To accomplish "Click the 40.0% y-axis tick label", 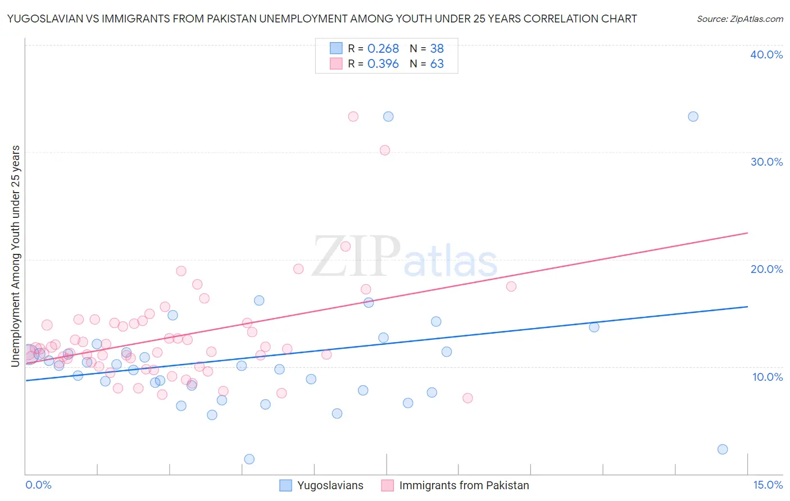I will pyautogui.click(x=766, y=54).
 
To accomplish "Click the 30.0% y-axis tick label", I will pyautogui.click(x=766, y=162).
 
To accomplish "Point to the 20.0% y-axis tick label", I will pyautogui.click(x=766, y=269).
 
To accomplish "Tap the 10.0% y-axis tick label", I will pyautogui.click(x=768, y=377).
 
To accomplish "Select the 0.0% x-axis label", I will pyautogui.click(x=38, y=485).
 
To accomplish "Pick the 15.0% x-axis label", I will pyautogui.click(x=768, y=485).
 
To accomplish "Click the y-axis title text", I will pyautogui.click(x=16, y=256).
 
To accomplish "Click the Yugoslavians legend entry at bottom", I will pyautogui.click(x=330, y=485).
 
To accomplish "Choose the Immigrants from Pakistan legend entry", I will pyautogui.click(x=464, y=485).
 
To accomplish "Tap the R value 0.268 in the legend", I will pyautogui.click(x=383, y=49).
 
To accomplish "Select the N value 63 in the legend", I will pyautogui.click(x=437, y=64).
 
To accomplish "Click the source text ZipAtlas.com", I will pyautogui.click(x=739, y=19).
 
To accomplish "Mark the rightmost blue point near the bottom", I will pyautogui.click(x=723, y=449).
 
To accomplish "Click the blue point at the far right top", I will pyautogui.click(x=693, y=117).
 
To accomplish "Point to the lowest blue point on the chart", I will pyautogui.click(x=249, y=459).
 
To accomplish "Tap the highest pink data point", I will pyautogui.click(x=353, y=117).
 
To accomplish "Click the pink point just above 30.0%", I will pyautogui.click(x=385, y=150).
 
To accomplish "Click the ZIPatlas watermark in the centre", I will pyautogui.click(x=405, y=258).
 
